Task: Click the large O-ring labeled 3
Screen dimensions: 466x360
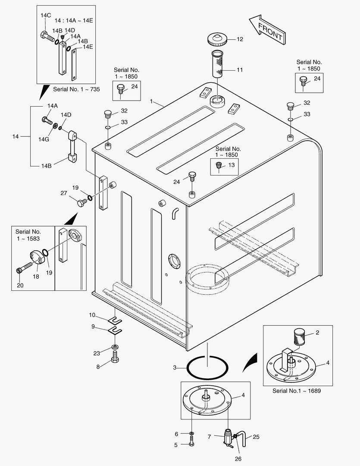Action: tap(207, 368)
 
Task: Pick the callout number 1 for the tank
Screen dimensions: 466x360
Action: tap(152, 101)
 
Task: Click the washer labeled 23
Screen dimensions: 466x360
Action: tap(115, 348)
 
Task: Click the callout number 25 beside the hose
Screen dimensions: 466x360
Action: tap(256, 437)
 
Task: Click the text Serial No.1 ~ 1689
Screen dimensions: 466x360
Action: tap(296, 391)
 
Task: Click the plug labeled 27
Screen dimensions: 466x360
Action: tap(82, 201)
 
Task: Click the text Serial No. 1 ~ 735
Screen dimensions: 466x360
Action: tap(76, 89)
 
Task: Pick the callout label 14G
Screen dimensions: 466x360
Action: tap(44, 139)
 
